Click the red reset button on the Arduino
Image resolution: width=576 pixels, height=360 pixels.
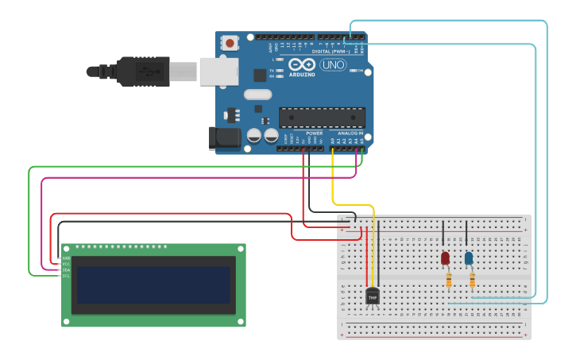(230, 43)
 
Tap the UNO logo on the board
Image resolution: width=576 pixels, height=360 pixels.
(332, 65)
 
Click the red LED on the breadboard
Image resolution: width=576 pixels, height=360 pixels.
(445, 258)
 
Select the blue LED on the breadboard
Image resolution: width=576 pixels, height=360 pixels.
(469, 258)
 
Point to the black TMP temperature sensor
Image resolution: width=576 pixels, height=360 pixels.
(372, 296)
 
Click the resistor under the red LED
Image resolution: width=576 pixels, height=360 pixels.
(449, 280)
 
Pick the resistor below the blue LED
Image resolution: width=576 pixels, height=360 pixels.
(473, 280)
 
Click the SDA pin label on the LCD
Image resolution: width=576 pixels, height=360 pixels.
(66, 269)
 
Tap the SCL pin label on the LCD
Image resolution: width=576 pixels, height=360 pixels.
(66, 275)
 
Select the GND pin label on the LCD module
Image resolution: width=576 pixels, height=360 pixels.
(66, 258)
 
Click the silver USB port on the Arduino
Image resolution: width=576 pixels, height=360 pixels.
(218, 71)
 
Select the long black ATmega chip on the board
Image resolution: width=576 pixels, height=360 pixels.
(322, 118)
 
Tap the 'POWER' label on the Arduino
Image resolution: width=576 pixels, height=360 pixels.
(314, 133)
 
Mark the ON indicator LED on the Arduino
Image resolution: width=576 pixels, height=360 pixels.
(352, 71)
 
